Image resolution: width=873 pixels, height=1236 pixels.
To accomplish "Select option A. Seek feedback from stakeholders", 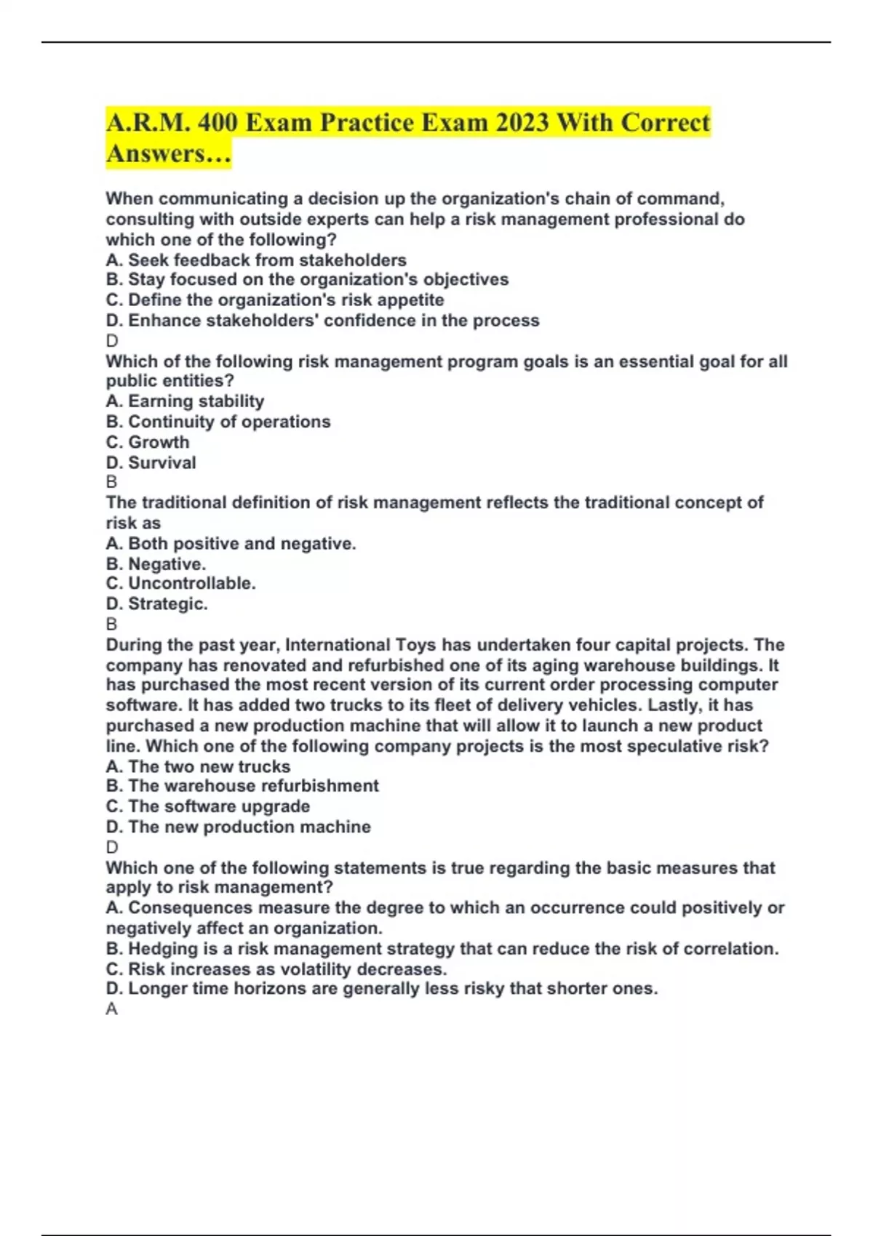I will pyautogui.click(x=256, y=260).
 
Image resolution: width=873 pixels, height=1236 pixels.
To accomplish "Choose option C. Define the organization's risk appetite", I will pyautogui.click(x=274, y=300).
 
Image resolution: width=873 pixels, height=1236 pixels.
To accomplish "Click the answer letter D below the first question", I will pyautogui.click(x=112, y=340).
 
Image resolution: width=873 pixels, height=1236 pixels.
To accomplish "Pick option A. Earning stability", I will pyautogui.click(x=185, y=401).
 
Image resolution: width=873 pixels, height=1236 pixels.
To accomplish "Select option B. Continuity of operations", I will pyautogui.click(x=218, y=422).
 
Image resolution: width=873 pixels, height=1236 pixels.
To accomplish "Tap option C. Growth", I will pyautogui.click(x=147, y=442).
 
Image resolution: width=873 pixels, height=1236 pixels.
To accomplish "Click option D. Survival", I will pyautogui.click(x=151, y=462).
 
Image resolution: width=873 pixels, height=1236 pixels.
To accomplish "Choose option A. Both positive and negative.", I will pyautogui.click(x=231, y=543).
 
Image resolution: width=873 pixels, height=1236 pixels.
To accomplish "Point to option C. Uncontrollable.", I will pyautogui.click(x=180, y=583).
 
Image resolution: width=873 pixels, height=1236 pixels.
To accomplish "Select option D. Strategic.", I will pyautogui.click(x=156, y=603).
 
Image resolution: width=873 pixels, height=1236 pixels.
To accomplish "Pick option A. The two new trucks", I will pyautogui.click(x=198, y=766).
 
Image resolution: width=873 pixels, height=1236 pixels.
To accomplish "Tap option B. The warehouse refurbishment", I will pyautogui.click(x=242, y=785).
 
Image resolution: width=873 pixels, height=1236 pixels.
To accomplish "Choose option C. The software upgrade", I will pyautogui.click(x=207, y=806).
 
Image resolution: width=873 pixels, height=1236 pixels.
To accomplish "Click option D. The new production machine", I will pyautogui.click(x=238, y=827).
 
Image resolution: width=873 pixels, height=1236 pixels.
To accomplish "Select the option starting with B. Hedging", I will pyautogui.click(x=442, y=948).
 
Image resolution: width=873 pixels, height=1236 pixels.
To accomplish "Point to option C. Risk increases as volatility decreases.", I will pyautogui.click(x=276, y=968).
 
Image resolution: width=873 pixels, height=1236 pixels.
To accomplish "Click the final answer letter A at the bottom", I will pyautogui.click(x=111, y=1009).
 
